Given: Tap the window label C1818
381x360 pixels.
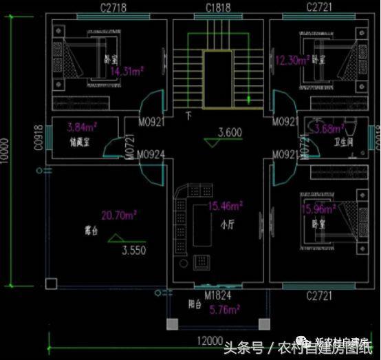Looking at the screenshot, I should pos(218,8).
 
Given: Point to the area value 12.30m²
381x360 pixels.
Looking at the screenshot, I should pos(293,61).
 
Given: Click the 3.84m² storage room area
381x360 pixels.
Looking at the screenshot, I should pos(81,127).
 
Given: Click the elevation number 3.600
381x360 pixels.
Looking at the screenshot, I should pos(230,133).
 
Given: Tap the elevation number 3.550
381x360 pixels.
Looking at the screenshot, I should pos(133,251).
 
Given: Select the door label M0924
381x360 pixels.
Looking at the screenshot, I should pos(151,154).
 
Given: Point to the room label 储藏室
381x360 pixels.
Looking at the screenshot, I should pos(80,143).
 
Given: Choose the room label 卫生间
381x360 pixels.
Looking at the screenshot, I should pos(344,144).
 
